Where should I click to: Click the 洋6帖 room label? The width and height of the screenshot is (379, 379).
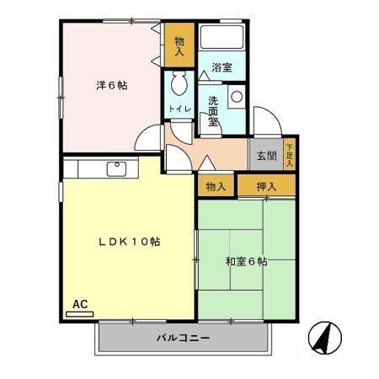(x=111, y=85)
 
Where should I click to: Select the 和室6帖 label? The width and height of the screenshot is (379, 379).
(x=246, y=262)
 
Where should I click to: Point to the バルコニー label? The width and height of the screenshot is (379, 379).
(x=182, y=339)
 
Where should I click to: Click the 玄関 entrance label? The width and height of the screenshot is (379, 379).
(x=266, y=156)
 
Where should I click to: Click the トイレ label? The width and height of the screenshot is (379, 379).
(x=179, y=109)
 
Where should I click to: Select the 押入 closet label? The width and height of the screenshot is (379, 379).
(x=266, y=185)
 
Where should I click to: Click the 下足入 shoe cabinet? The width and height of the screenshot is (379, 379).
(x=290, y=154)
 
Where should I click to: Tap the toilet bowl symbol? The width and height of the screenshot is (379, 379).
(x=179, y=85)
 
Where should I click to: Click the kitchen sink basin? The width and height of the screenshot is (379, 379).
(x=115, y=168)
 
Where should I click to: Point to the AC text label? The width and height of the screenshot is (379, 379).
(x=80, y=304)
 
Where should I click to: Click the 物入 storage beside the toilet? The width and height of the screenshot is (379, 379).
(x=179, y=46)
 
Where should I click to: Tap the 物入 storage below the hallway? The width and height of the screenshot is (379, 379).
(x=215, y=185)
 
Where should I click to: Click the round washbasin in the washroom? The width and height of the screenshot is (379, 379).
(x=236, y=96)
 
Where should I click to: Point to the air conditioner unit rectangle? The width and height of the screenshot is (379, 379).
(x=79, y=314)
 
